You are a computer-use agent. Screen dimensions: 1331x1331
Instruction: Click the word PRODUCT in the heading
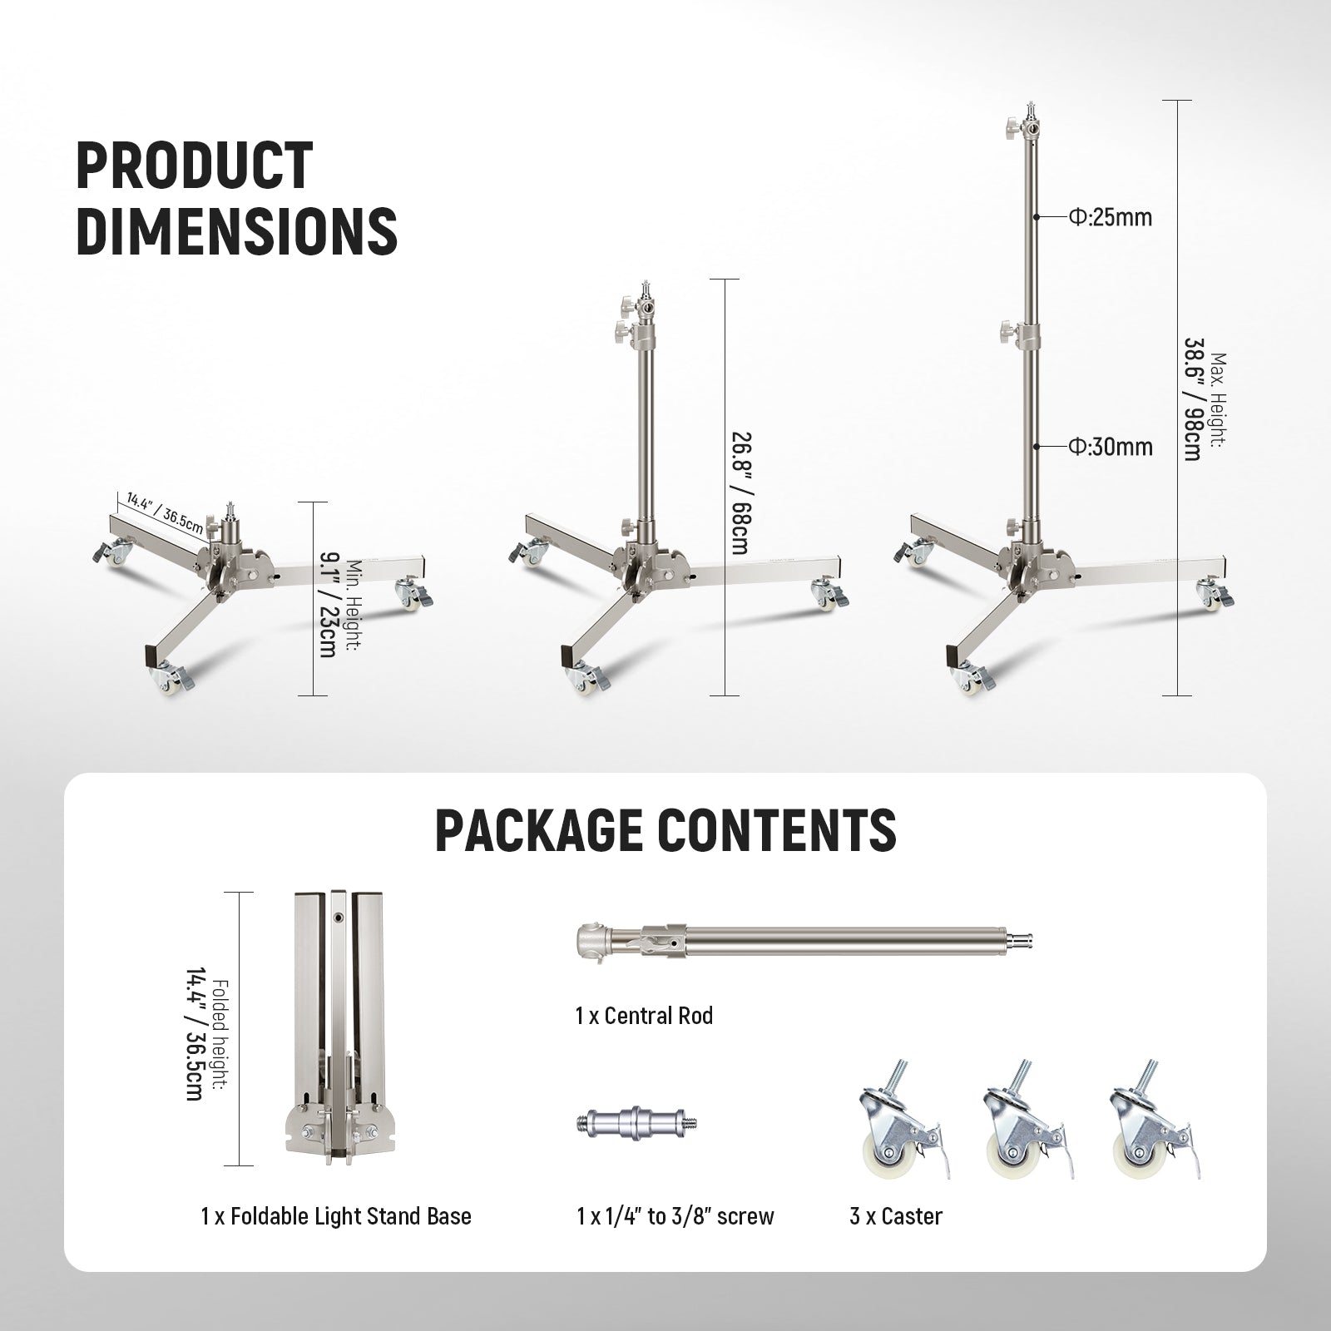point(194,165)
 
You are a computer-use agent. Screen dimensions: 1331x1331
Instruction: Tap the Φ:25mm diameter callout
point(1111,218)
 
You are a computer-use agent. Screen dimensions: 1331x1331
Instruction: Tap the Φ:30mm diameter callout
point(1111,448)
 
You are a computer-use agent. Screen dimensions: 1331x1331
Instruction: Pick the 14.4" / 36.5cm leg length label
point(164,514)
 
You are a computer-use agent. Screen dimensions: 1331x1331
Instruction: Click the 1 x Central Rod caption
point(644,1016)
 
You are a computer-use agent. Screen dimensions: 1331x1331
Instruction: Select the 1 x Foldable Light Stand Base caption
point(336,1216)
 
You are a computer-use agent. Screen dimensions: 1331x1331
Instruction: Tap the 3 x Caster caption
point(896,1216)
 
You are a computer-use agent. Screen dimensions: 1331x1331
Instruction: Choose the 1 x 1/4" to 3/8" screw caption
point(675,1216)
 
